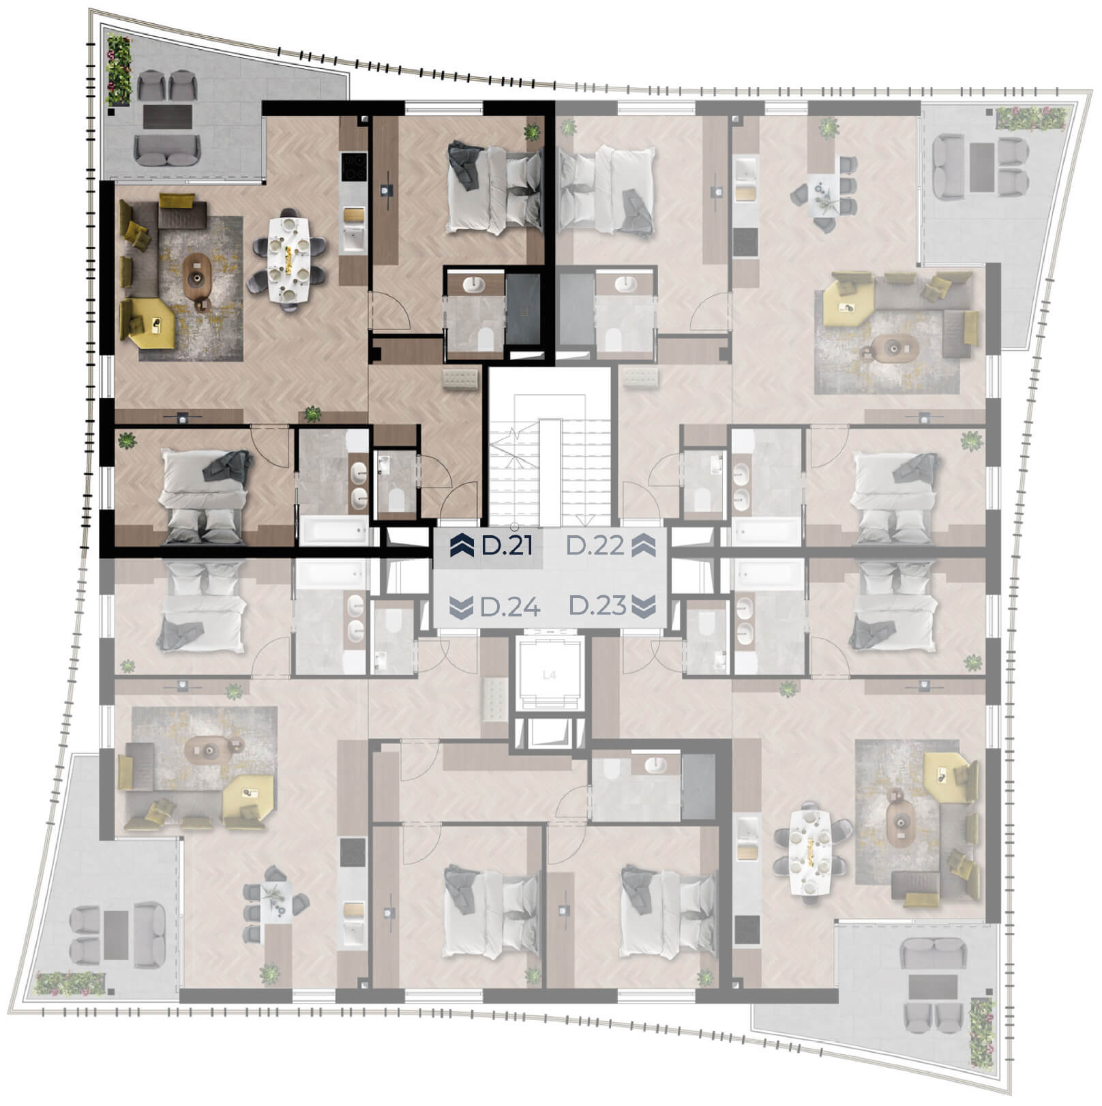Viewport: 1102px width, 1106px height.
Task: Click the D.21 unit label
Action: tap(507, 546)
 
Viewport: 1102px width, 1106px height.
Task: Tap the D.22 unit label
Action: tap(595, 546)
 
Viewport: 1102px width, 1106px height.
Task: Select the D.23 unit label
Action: tap(597, 606)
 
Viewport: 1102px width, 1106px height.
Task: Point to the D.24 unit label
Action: tap(511, 607)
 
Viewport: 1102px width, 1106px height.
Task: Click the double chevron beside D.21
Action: tap(462, 546)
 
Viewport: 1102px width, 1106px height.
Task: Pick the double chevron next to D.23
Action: tap(644, 606)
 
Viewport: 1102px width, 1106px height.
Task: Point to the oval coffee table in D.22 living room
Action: tap(893, 349)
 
